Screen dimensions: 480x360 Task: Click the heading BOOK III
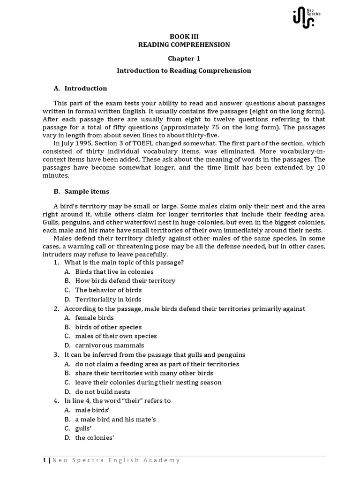(184, 36)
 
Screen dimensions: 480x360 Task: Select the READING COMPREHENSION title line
(184, 45)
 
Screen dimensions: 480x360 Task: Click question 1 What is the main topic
(124, 262)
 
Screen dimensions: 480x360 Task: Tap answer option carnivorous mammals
(106, 345)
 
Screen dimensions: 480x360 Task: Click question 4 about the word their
(117, 401)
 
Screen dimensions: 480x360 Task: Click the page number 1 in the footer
(44, 460)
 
